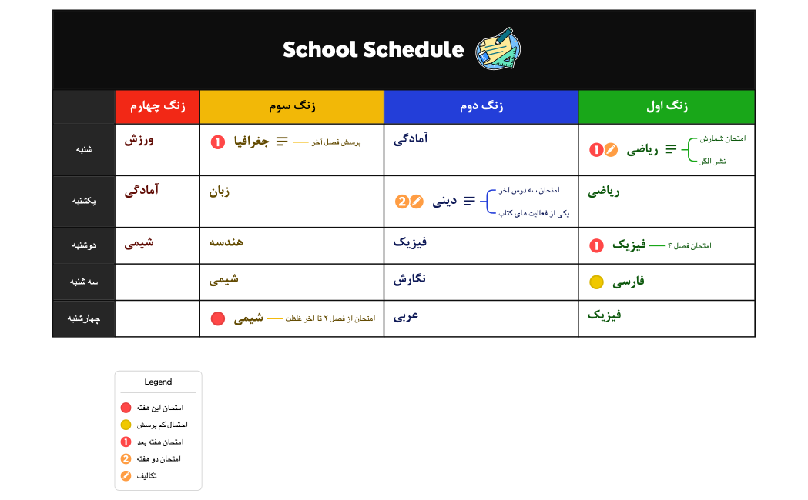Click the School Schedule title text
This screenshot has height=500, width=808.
tap(373, 50)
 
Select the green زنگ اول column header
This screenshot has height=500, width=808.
tap(666, 107)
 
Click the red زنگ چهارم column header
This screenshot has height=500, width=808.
tap(157, 107)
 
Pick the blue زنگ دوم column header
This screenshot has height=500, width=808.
tap(481, 107)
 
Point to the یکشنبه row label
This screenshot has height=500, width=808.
tap(83, 201)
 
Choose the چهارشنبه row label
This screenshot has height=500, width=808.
tap(83, 318)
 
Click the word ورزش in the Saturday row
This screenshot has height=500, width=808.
tap(141, 140)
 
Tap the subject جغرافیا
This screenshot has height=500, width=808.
tap(251, 142)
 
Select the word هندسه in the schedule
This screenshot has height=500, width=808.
tap(226, 242)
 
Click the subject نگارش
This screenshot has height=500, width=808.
tap(410, 278)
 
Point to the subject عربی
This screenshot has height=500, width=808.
tap(410, 315)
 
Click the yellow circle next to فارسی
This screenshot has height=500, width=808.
tap(596, 282)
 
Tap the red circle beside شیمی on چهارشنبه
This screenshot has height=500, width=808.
tap(217, 318)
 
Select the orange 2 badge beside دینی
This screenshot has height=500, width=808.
tap(401, 202)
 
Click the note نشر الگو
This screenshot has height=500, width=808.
tap(712, 162)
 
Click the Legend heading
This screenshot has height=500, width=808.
tap(158, 382)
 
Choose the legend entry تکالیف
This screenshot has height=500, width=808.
tap(146, 476)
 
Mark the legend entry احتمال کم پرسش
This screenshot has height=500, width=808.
tap(162, 425)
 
